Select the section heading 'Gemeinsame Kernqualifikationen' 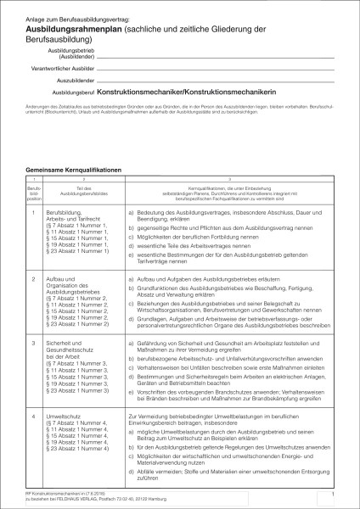pyautogui.click(x=75, y=170)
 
